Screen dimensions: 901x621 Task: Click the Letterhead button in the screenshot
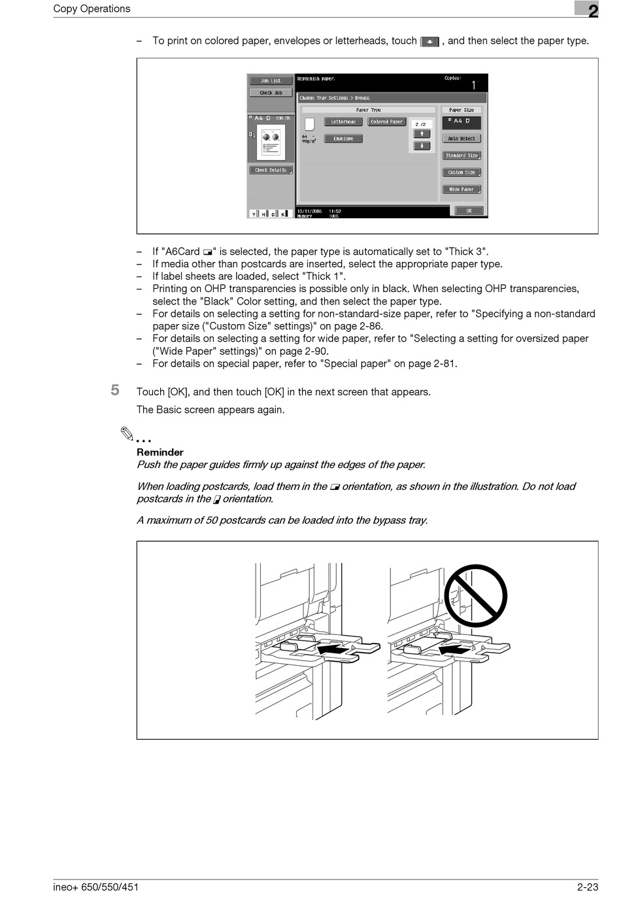pyautogui.click(x=343, y=122)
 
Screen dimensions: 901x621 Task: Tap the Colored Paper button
pyautogui.click(x=387, y=122)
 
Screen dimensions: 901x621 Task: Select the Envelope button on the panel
pyautogui.click(x=343, y=139)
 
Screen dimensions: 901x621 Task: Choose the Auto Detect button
pyautogui.click(x=462, y=139)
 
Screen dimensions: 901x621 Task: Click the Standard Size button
pyautogui.click(x=462, y=156)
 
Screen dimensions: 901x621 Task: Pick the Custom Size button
pyautogui.click(x=462, y=172)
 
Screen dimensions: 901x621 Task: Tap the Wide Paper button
pyautogui.click(x=462, y=189)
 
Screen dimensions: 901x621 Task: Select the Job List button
pyautogui.click(x=271, y=81)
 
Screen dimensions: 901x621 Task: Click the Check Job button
pyautogui.click(x=271, y=93)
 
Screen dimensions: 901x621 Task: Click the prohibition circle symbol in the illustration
pyautogui.click(x=475, y=595)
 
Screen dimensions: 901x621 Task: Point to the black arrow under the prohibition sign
pyautogui.click(x=455, y=651)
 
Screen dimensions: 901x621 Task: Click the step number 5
pyautogui.click(x=115, y=390)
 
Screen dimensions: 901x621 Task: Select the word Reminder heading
pyautogui.click(x=160, y=452)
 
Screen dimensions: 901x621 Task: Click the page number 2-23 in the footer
pyautogui.click(x=588, y=887)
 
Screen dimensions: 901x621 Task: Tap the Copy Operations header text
pyautogui.click(x=92, y=8)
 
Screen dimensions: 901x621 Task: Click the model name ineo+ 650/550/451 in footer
pyautogui.click(x=96, y=887)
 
